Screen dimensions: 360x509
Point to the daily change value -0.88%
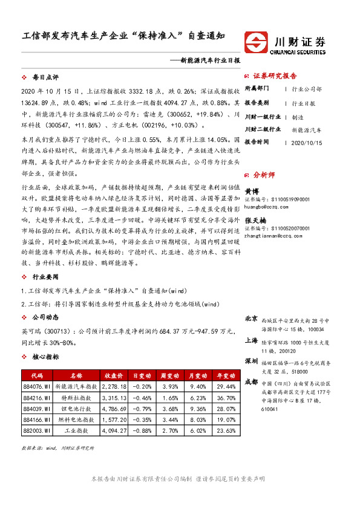142,430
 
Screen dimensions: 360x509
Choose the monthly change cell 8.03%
198,420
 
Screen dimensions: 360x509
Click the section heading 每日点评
45,78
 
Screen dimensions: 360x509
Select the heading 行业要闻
45,277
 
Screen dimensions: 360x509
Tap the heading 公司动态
45,317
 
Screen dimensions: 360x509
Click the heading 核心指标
45,357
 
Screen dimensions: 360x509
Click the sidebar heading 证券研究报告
275,76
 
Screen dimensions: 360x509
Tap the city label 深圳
251,360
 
